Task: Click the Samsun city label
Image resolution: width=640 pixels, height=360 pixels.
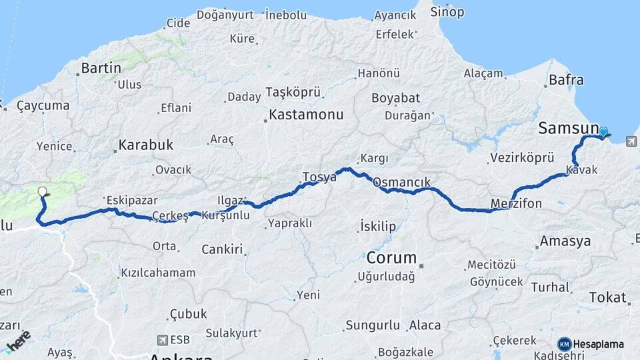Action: tap(568, 128)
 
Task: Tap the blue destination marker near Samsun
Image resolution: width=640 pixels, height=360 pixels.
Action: tap(603, 132)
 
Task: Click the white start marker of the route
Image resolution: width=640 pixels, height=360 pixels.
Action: tap(43, 192)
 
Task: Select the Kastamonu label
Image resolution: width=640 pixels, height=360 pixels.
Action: tap(307, 115)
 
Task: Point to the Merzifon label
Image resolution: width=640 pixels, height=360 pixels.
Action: tap(516, 203)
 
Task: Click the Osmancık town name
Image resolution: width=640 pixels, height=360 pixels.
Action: tap(402, 182)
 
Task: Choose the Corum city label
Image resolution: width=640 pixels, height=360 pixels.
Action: tap(391, 257)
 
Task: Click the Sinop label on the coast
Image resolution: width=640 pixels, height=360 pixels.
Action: tap(447, 11)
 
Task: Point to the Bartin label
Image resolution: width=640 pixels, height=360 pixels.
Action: tap(101, 68)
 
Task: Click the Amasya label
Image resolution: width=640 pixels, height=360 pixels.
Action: tap(565, 241)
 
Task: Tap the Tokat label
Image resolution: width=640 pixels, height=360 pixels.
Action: tap(607, 297)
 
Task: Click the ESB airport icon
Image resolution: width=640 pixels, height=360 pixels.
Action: tap(161, 340)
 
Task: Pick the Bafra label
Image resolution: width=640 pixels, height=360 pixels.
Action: tap(566, 80)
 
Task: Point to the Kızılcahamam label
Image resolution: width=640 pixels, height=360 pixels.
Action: tap(158, 273)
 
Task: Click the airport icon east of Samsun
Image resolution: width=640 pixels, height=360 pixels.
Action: tap(631, 141)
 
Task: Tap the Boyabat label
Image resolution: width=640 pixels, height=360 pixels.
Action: tap(395, 98)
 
